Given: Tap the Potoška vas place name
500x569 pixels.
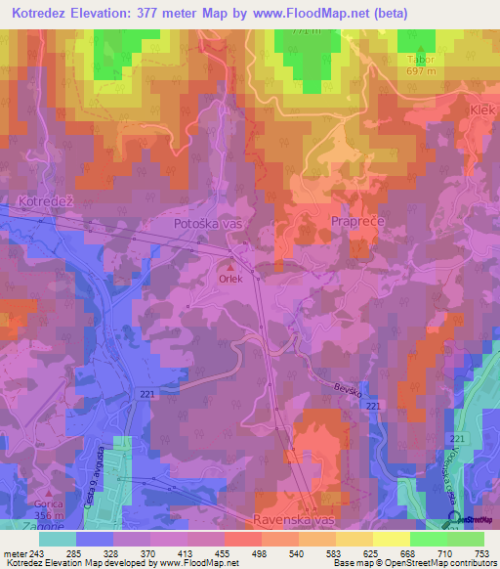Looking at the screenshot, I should tap(207, 224).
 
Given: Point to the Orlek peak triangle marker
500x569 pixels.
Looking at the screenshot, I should tap(230, 265).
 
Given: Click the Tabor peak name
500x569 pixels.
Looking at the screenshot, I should tap(420, 59).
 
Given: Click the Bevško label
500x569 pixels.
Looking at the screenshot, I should tap(350, 392).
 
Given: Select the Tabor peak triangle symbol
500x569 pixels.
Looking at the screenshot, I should tap(421, 46).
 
